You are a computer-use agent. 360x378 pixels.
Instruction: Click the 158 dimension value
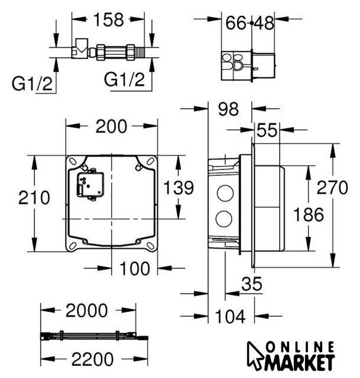point(109,19)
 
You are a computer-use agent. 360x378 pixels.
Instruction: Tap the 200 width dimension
point(111,126)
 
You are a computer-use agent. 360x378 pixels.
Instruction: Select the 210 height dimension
point(34,197)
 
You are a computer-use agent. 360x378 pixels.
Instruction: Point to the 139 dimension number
point(179,187)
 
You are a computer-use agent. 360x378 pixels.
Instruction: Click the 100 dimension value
point(135,268)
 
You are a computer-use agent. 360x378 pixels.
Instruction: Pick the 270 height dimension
point(332,187)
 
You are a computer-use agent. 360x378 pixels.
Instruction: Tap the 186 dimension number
point(309,214)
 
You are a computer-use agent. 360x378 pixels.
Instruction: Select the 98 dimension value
point(228,109)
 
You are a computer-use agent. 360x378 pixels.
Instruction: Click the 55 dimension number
point(267,130)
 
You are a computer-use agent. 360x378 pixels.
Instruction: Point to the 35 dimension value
point(252,283)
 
